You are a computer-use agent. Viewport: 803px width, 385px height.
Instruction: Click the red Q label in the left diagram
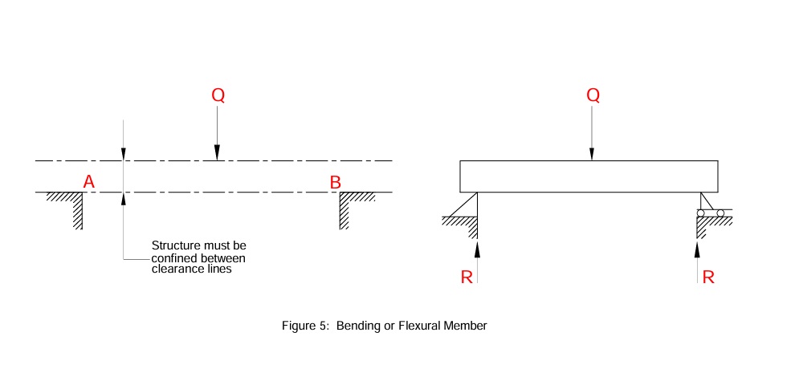pos(218,95)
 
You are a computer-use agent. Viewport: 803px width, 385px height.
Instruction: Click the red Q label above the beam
pos(593,95)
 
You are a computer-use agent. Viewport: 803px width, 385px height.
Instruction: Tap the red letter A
pos(89,183)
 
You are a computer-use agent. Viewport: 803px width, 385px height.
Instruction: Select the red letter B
pos(336,183)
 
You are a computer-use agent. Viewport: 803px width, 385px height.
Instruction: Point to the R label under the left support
pos(467,278)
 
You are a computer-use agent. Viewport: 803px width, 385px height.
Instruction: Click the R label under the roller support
pos(708,278)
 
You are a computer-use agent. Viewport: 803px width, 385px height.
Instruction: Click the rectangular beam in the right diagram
pos(589,176)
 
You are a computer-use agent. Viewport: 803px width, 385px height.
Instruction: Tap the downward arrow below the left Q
pos(217,132)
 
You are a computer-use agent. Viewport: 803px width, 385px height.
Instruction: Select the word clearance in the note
pos(173,269)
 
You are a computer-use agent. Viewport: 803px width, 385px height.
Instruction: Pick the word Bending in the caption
pos(358,326)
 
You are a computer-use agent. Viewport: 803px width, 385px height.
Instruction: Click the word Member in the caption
pos(468,326)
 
